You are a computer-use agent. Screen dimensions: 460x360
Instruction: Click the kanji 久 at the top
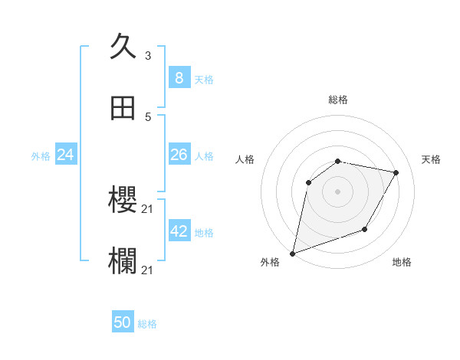tap(123, 47)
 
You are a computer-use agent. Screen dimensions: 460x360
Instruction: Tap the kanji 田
tap(123, 109)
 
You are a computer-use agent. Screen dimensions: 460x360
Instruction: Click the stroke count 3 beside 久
tap(147, 56)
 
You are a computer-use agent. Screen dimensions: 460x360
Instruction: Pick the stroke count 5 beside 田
tap(147, 117)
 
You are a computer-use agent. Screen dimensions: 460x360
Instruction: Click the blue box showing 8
tap(179, 78)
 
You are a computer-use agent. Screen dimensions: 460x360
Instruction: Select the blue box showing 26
tap(179, 155)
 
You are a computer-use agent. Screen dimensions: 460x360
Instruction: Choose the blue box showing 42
tap(179, 231)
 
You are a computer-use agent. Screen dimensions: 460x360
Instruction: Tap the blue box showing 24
tap(65, 155)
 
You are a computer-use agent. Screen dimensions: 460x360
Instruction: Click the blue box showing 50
tap(123, 322)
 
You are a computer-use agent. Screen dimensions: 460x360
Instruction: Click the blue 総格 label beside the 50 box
tap(147, 324)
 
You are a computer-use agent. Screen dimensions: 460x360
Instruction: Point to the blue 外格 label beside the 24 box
tap(41, 156)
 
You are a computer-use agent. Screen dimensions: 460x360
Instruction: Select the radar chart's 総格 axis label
tap(338, 100)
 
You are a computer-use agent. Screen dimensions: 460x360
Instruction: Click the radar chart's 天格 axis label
tap(432, 159)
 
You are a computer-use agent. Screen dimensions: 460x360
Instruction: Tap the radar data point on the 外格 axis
tap(293, 253)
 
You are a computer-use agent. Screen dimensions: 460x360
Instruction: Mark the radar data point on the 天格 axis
tap(396, 173)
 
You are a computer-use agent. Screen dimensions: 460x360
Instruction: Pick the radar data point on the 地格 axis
tap(365, 229)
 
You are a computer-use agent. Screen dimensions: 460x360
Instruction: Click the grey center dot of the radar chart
tap(338, 191)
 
